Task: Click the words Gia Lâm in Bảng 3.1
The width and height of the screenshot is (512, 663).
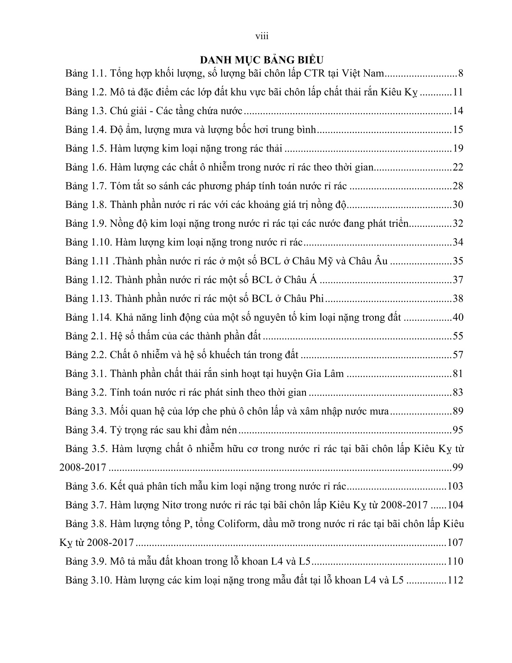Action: click(x=324, y=373)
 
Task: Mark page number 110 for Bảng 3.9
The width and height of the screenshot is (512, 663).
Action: click(x=455, y=561)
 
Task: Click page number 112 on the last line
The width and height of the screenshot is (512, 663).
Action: click(x=455, y=580)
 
